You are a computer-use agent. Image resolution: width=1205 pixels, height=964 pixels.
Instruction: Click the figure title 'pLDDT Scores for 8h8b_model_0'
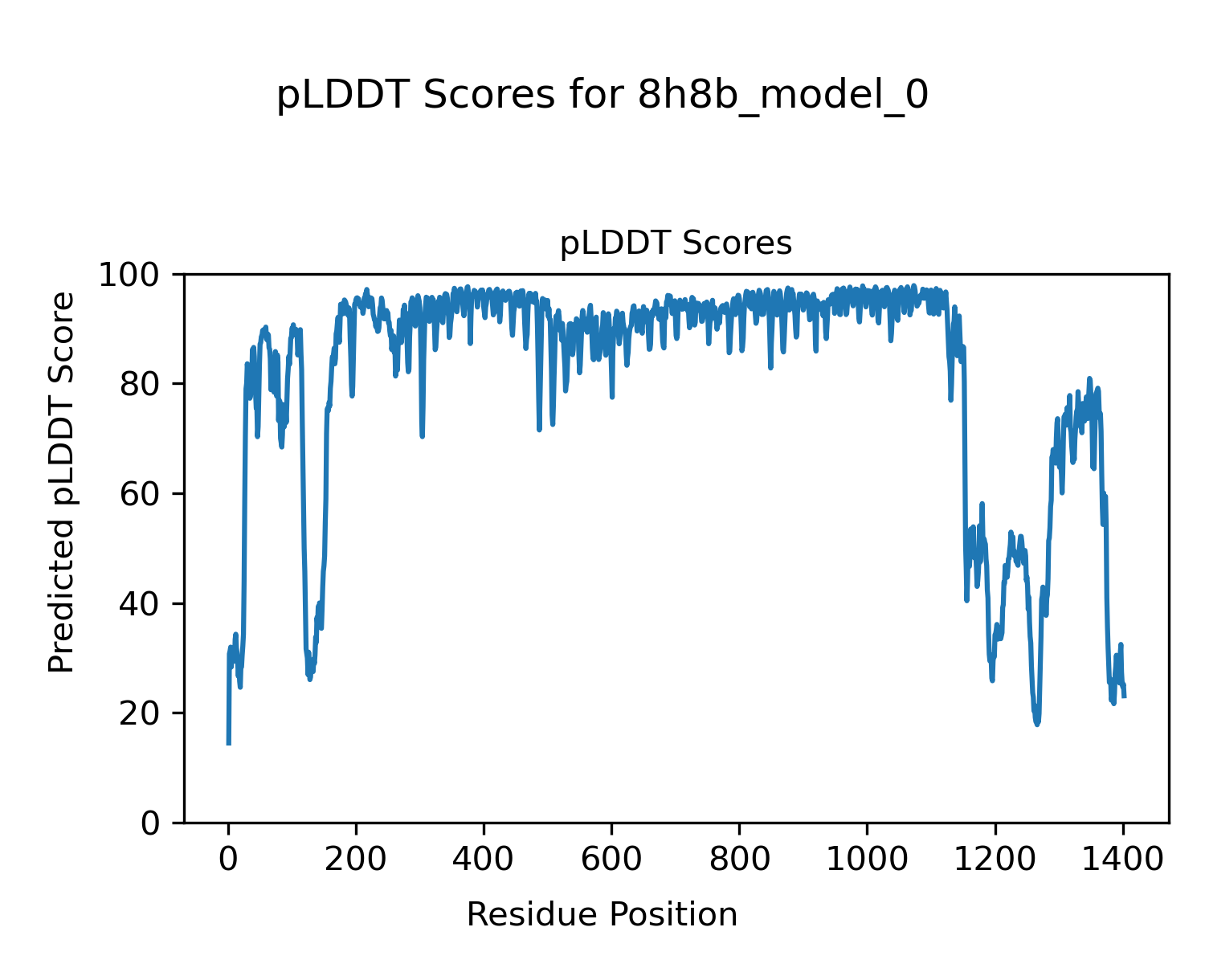point(602,96)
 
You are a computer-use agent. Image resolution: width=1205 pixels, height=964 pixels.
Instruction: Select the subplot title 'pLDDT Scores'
point(676,243)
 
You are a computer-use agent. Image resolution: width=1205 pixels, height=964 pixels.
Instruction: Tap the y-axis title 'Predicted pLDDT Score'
point(62,482)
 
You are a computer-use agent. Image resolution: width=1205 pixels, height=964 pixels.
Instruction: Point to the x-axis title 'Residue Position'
point(602,914)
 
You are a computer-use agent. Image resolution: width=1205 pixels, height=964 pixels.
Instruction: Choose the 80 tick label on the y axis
point(142,385)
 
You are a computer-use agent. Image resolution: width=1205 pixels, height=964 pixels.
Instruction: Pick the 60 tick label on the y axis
point(142,494)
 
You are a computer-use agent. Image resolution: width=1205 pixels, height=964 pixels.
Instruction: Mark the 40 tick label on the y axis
point(142,604)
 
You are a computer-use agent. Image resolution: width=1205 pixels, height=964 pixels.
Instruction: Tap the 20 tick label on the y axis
point(142,713)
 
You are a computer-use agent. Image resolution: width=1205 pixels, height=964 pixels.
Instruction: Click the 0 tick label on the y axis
point(151,823)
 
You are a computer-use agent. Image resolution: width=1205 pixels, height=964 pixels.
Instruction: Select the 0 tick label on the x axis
point(229,859)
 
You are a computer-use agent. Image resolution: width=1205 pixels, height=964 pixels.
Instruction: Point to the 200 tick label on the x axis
point(356,859)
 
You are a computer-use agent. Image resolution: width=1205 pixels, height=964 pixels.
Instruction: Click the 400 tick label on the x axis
point(484,859)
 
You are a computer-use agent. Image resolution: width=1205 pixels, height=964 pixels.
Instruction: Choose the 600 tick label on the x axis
point(611,859)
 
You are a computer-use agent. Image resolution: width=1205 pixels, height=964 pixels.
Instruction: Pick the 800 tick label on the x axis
point(739,859)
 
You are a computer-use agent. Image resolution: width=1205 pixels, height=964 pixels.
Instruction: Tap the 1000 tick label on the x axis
point(867,859)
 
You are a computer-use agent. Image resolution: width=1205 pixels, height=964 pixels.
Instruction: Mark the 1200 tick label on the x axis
point(995,859)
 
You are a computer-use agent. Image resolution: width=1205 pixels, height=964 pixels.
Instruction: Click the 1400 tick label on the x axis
point(1122,859)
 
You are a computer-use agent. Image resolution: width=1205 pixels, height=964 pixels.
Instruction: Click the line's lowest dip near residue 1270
point(1037,724)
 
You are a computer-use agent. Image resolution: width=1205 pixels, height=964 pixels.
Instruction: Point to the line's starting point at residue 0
point(229,744)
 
